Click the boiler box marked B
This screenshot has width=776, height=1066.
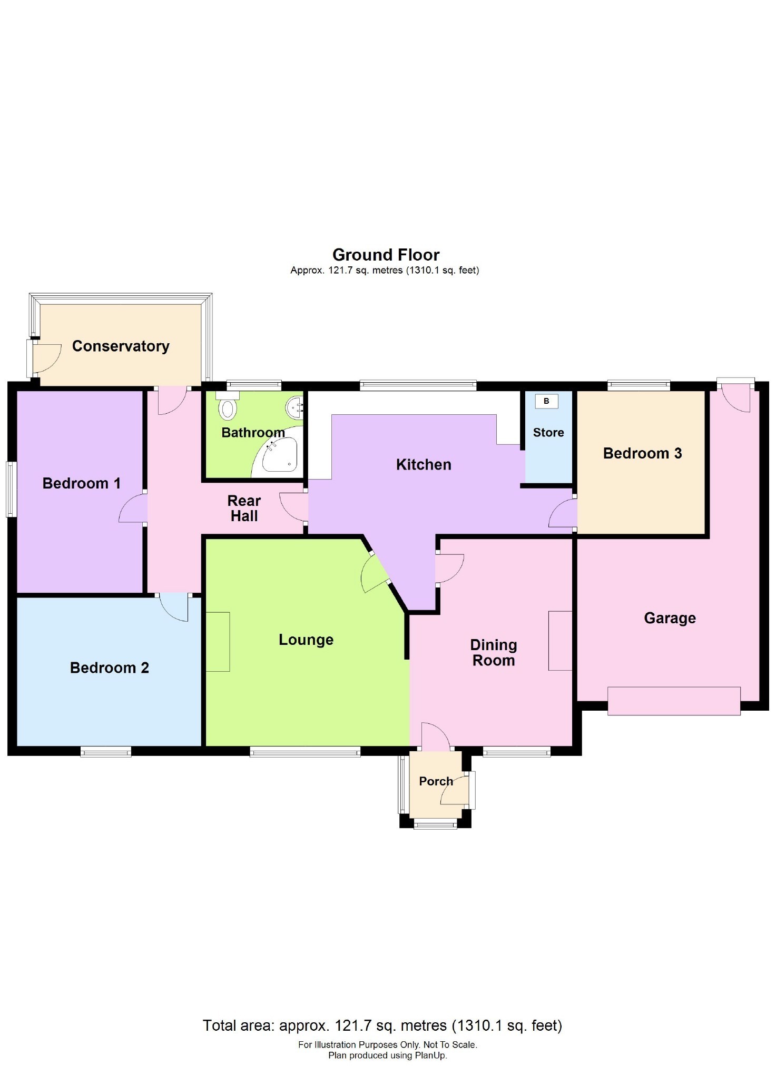(546, 401)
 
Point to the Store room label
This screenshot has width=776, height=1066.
(548, 432)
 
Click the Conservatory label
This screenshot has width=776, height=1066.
(121, 346)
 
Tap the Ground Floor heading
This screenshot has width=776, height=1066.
(386, 255)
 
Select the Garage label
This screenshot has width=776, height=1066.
(670, 617)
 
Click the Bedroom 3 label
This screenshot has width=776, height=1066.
(642, 453)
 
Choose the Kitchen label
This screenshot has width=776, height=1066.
(424, 464)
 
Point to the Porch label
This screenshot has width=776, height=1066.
(436, 781)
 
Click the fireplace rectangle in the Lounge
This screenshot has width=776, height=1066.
(218, 642)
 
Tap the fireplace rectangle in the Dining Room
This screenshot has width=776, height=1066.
(560, 641)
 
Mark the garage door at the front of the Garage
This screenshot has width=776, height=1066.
(674, 701)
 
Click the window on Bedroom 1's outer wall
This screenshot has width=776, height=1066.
(11, 489)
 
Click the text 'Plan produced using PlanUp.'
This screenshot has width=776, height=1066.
(387, 1055)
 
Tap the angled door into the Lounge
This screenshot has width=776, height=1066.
(375, 572)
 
